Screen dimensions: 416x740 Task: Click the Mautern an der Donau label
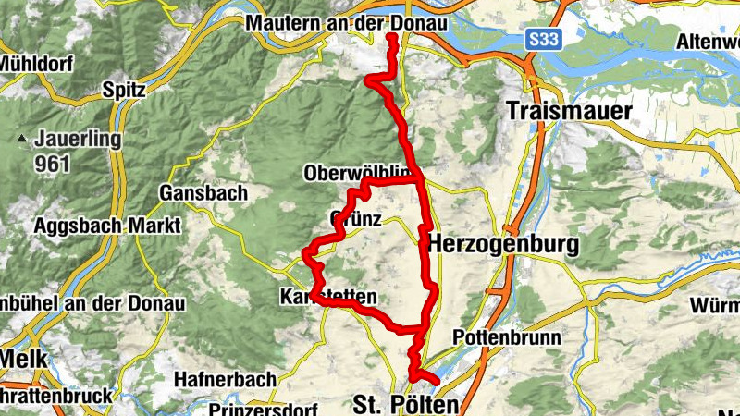[x=346, y=23]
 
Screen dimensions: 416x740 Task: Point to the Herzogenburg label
[x=503, y=245]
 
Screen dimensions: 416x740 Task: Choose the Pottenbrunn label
[x=507, y=337]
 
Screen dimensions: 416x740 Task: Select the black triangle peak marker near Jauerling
[x=20, y=140]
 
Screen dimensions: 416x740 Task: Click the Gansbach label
[x=203, y=193]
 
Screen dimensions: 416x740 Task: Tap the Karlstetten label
[x=327, y=297]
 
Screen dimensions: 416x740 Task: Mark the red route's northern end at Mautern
[x=391, y=36]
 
